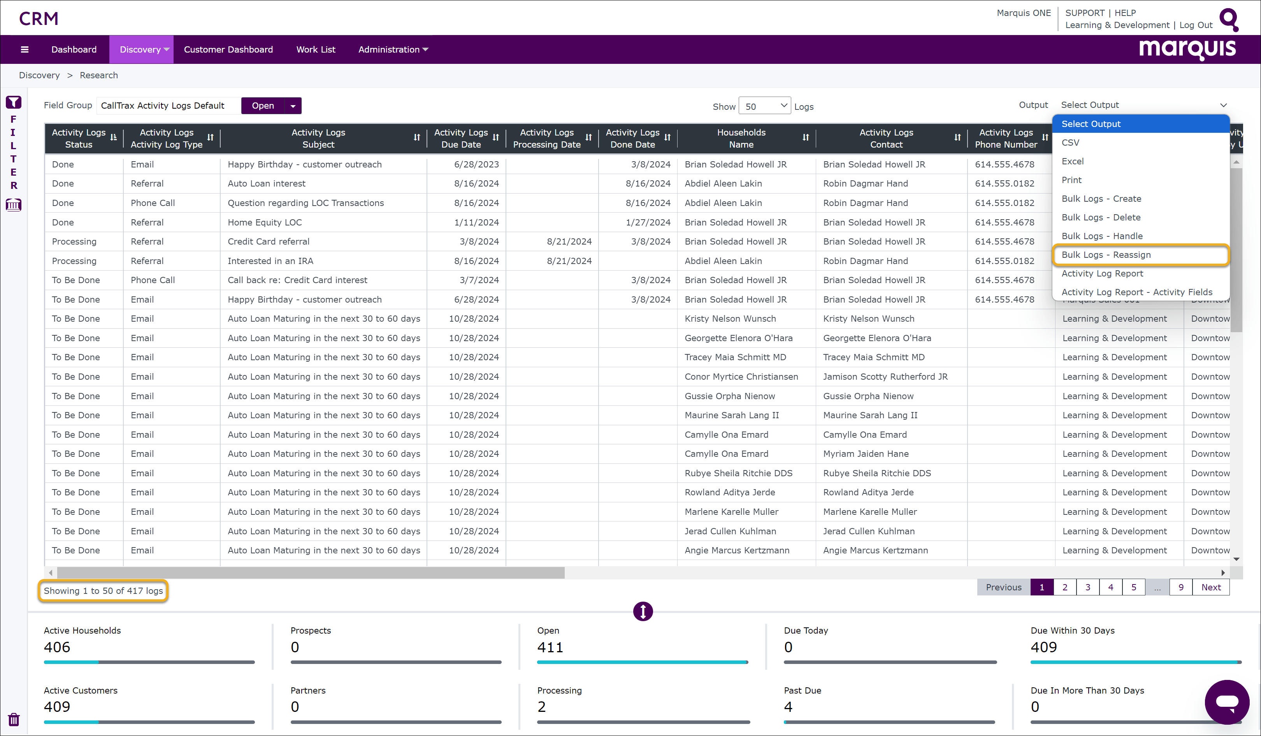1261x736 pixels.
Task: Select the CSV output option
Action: (x=1070, y=143)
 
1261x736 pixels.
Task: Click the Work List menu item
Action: (x=315, y=49)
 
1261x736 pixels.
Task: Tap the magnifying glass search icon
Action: (x=1228, y=19)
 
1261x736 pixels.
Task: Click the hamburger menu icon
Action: (x=25, y=49)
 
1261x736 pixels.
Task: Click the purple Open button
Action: (x=263, y=106)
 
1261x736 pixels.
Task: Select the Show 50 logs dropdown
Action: (x=764, y=106)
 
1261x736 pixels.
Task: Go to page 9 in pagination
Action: (x=1181, y=587)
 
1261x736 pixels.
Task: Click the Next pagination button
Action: (x=1211, y=587)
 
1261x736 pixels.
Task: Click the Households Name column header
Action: (x=741, y=138)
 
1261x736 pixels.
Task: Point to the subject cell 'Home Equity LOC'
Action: (x=265, y=222)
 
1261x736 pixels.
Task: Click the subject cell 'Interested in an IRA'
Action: (x=270, y=261)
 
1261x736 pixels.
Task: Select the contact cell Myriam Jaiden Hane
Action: (x=866, y=454)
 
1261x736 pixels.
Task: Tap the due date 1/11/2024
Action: (x=476, y=222)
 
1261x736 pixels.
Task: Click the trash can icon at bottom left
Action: (x=14, y=720)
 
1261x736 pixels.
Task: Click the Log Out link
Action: (x=1196, y=25)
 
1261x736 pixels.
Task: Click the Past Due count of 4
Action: (x=788, y=706)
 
